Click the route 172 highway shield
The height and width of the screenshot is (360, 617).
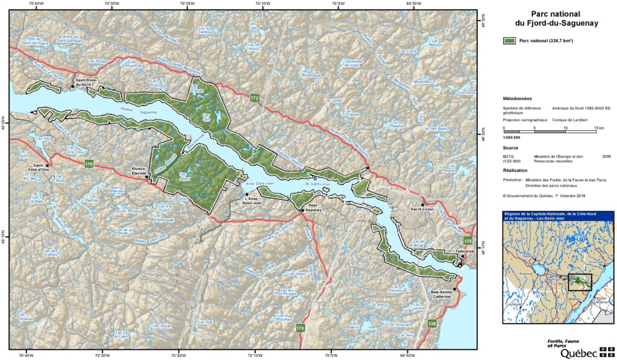click(255, 98)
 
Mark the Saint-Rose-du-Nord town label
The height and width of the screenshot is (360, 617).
click(86, 81)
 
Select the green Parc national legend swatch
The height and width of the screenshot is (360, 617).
click(510, 40)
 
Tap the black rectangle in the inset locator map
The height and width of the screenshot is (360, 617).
click(580, 282)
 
